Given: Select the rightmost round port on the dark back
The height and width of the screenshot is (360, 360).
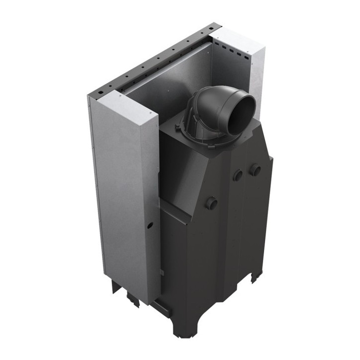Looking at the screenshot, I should point(256,170).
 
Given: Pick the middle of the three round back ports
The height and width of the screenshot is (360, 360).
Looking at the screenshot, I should point(238,175).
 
